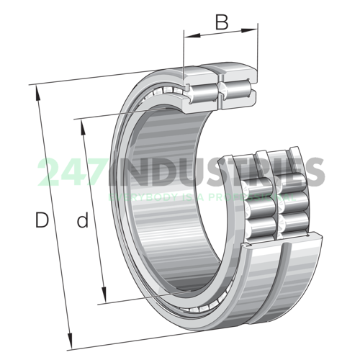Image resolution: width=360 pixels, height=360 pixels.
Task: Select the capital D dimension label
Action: click(42, 221)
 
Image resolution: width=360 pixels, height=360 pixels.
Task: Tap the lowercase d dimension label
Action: click(83, 221)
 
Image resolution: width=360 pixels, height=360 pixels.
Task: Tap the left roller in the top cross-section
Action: click(204, 91)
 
